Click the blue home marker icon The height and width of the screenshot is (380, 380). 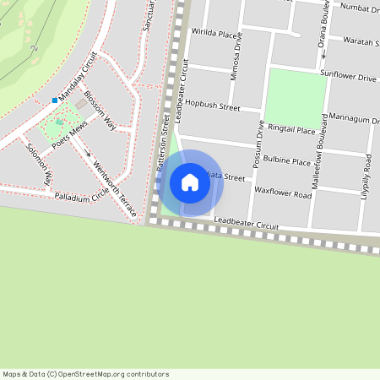tap(190, 182)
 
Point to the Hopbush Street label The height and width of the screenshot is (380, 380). tap(214, 106)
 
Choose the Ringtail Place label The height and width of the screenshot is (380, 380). tap(292, 132)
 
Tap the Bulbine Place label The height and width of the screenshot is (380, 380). tap(286, 160)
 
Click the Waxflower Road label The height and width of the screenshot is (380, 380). tap(283, 194)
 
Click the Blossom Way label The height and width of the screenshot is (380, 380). tap(100, 111)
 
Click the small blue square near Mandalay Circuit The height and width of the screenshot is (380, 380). tap(55, 100)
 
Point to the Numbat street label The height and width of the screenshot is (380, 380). tap(359, 8)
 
